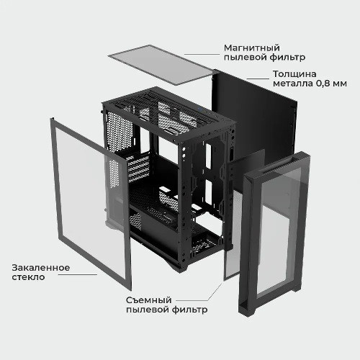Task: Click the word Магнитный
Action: [x=252, y=48]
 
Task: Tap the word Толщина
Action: [x=294, y=74]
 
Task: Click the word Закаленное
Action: [x=41, y=268]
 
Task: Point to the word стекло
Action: [x=28, y=277]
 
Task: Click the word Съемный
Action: [x=149, y=300]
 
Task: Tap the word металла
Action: [x=293, y=84]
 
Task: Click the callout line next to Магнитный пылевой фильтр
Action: [x=202, y=55]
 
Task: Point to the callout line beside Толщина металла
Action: [x=258, y=78]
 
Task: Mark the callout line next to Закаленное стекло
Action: [x=78, y=275]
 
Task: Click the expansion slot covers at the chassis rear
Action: [x=137, y=168]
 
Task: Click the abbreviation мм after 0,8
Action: [x=340, y=84]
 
